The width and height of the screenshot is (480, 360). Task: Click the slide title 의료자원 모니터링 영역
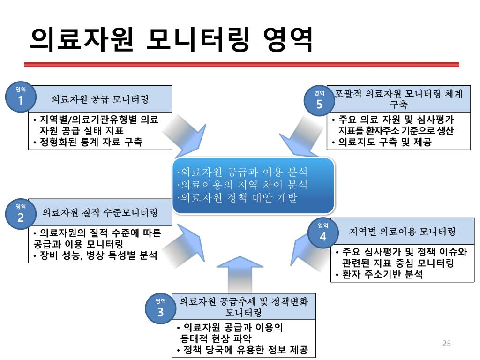(171, 40)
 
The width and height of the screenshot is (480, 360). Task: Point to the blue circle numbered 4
(323, 233)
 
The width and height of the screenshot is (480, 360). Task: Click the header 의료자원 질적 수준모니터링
(100, 212)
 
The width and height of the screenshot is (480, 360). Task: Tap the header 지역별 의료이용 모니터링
(402, 232)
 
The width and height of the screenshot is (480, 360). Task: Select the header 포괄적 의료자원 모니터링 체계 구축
(398, 99)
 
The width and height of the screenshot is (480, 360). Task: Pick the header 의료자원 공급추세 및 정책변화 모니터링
(244, 307)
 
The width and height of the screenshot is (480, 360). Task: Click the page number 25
(446, 344)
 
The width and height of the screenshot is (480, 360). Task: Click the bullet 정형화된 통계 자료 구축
(91, 142)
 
